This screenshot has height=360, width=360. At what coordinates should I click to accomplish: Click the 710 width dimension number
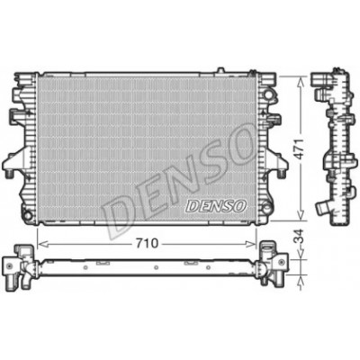pyautogui.click(x=147, y=244)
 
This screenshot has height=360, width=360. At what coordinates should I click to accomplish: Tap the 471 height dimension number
pyautogui.click(x=301, y=148)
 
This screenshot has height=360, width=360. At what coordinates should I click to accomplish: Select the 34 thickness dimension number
pyautogui.click(x=299, y=236)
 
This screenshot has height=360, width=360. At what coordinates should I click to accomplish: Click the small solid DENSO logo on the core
pyautogui.click(x=216, y=206)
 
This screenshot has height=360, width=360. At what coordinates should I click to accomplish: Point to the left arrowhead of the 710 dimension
pyautogui.click(x=43, y=244)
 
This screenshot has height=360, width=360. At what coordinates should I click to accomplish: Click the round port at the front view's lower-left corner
pyautogui.click(x=28, y=215)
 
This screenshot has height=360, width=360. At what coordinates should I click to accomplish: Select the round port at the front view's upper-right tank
pyautogui.click(x=268, y=94)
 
